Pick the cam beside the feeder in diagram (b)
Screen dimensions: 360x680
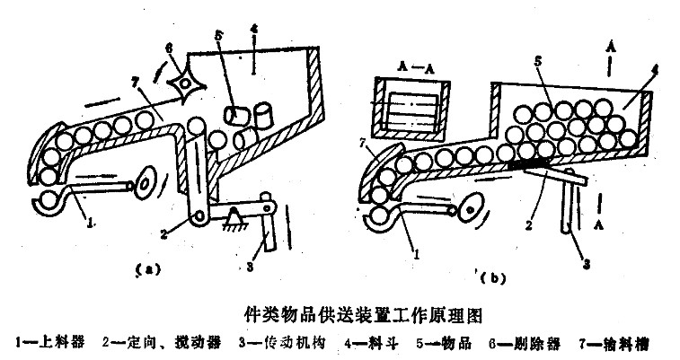pos(469,209)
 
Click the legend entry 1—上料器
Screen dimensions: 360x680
pos(46,343)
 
